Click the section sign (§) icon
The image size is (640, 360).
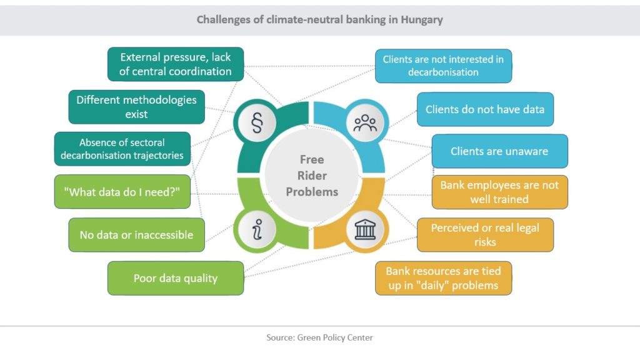pos(257,123)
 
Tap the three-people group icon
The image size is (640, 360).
pos(365,123)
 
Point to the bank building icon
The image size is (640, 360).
pos(365,229)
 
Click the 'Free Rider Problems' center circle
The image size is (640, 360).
pos(312,176)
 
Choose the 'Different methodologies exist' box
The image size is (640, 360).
pos(137,107)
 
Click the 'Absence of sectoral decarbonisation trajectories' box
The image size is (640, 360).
pos(122,149)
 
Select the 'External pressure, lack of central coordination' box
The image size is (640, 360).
pos(176,64)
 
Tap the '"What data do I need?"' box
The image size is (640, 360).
pos(122,192)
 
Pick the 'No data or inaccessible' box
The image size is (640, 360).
pos(137,235)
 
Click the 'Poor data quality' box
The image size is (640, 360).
pos(176,278)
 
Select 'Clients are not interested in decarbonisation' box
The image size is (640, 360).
pos(443,66)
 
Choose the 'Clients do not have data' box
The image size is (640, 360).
pos(485,109)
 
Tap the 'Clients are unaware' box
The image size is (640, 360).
pos(499,151)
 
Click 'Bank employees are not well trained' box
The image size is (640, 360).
pos(499,192)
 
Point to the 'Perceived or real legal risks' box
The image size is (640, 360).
pos(485,235)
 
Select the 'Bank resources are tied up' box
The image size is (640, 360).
pos(443,278)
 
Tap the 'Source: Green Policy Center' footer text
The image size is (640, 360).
pos(319,337)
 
